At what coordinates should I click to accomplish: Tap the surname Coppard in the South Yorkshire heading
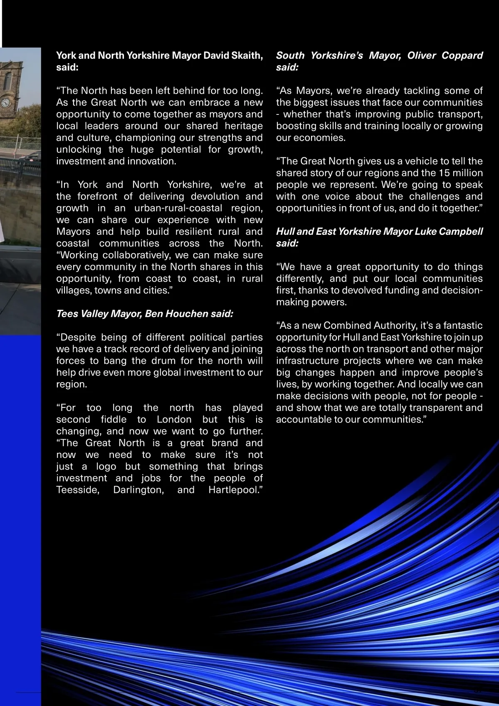point(462,55)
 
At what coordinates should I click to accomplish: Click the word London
point(174,420)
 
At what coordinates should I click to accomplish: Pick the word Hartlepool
point(235,490)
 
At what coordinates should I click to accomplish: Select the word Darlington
point(138,490)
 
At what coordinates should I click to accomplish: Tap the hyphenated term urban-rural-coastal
point(178,208)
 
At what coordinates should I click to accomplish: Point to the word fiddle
point(114,420)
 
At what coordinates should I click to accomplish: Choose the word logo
point(106,467)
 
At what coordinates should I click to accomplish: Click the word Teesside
point(78,490)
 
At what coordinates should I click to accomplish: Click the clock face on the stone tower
point(5,102)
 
